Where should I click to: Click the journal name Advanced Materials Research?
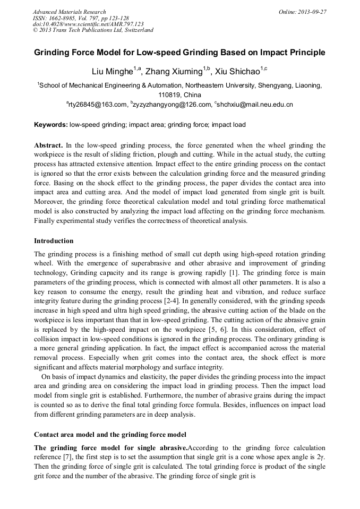pos(69,12)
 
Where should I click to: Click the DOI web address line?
pos(88,24)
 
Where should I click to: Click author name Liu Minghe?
pos(109,72)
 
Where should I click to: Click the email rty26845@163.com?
pos(97,105)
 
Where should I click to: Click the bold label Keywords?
pos(50,125)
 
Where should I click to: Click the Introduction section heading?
pos(54,240)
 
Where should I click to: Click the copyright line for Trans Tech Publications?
pos(93,30)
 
